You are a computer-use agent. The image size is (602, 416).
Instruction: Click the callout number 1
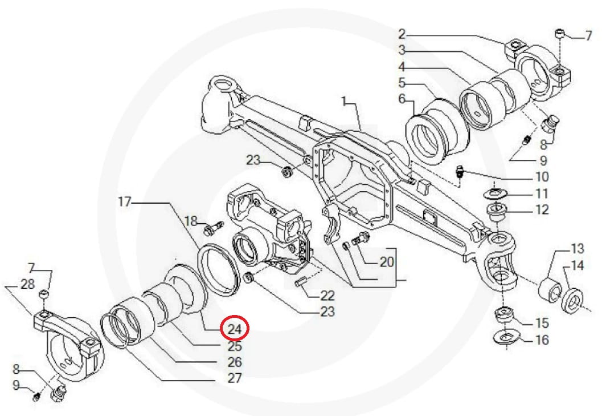344,102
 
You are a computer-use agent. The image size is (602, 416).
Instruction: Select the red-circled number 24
235,329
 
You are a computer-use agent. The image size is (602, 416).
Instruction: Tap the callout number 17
125,201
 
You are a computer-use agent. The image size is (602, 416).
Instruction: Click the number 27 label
235,378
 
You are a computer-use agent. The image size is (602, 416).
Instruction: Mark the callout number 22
327,296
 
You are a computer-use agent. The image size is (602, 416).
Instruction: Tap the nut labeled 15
503,314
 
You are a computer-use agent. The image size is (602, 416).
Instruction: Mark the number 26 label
235,362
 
